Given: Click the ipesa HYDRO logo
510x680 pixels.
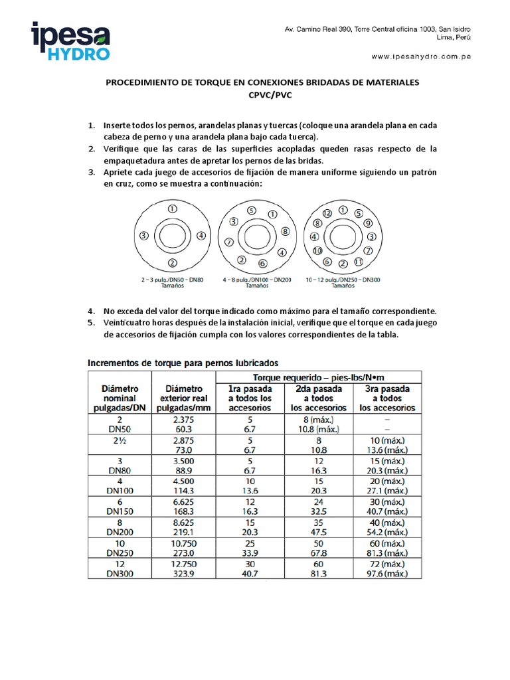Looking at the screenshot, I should [72, 41].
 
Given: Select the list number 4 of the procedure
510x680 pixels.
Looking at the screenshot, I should [92, 311].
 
